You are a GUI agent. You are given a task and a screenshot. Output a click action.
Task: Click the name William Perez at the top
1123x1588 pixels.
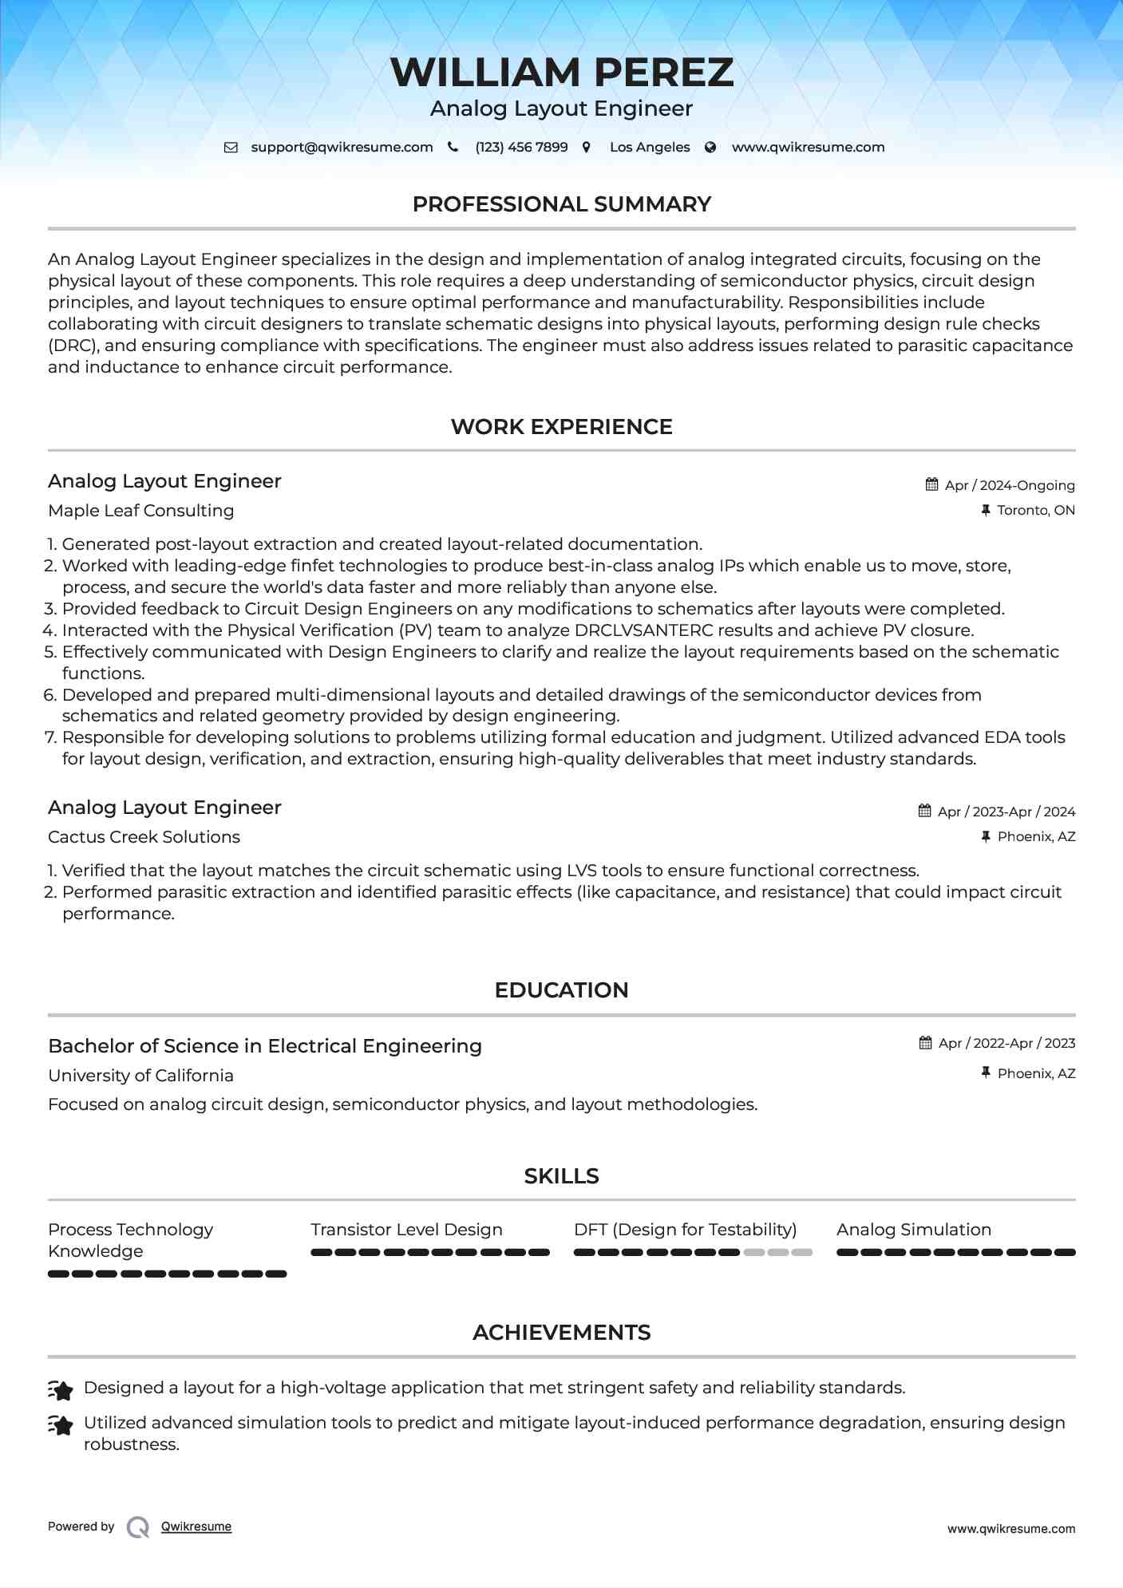[561, 73]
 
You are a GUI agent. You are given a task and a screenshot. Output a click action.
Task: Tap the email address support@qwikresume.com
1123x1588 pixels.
[342, 148]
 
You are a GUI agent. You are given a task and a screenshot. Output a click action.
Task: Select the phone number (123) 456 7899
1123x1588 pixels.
[521, 148]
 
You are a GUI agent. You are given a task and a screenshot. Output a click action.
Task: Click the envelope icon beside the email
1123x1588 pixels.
[231, 148]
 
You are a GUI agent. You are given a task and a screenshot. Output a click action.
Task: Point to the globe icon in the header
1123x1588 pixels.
[710, 148]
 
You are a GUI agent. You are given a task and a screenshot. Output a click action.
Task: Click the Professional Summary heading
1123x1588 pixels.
[561, 204]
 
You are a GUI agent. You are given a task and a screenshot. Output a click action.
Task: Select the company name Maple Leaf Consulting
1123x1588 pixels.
[140, 511]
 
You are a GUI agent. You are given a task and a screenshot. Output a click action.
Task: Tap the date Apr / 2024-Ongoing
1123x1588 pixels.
[1009, 485]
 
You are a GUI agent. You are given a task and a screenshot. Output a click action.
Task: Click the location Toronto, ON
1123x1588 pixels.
[1035, 511]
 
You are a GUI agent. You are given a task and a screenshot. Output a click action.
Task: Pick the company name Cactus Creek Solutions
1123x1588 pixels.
[144, 837]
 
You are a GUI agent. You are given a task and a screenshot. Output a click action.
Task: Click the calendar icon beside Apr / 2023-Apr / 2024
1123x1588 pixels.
[925, 812]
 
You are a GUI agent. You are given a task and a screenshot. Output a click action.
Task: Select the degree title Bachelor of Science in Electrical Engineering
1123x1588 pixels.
[265, 1046]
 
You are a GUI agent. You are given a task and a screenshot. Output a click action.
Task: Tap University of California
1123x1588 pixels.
[140, 1076]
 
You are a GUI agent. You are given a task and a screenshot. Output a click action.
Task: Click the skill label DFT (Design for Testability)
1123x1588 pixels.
[685, 1230]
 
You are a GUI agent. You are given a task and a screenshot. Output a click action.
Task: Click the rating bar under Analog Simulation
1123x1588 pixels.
[955, 1253]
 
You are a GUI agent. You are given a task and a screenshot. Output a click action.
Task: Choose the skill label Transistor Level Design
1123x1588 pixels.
[406, 1230]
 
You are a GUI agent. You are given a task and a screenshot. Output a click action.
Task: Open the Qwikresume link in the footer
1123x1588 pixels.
[196, 1527]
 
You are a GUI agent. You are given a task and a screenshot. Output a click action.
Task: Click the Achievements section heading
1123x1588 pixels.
[561, 1333]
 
